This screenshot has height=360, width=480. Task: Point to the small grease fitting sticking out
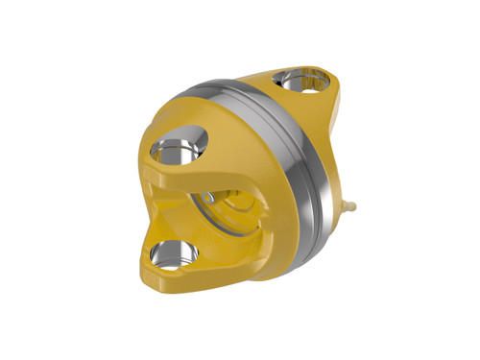(x=351, y=204)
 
